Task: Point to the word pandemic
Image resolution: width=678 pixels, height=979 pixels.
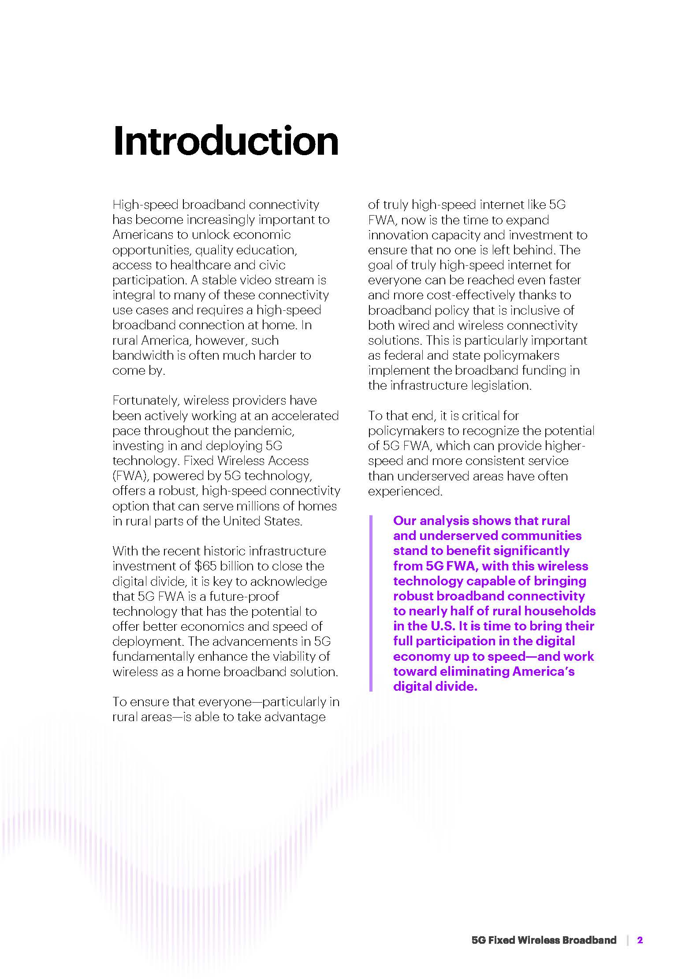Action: point(267,431)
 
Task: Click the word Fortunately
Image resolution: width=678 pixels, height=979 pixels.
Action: point(145,401)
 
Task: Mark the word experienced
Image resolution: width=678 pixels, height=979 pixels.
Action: point(405,491)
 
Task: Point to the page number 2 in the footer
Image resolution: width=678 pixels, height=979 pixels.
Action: point(640,940)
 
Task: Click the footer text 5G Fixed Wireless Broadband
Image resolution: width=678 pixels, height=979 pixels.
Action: point(544,940)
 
